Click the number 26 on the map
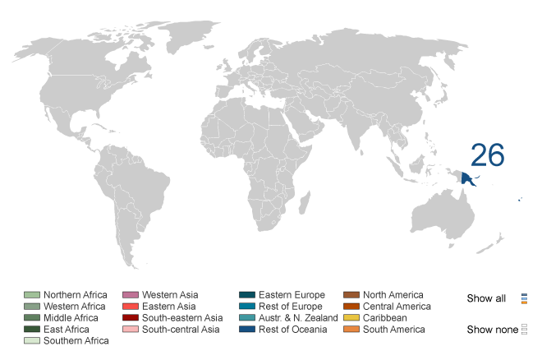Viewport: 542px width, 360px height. pyautogui.click(x=487, y=155)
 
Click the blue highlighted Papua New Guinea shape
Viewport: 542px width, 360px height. pyautogui.click(x=471, y=178)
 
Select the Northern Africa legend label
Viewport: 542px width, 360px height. pyautogui.click(x=76, y=295)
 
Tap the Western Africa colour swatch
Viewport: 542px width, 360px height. pyautogui.click(x=32, y=307)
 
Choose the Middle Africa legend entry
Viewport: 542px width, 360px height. pyautogui.click(x=71, y=318)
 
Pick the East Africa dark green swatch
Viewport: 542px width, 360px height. pyautogui.click(x=32, y=330)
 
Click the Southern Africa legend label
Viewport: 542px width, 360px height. pyautogui.click(x=76, y=341)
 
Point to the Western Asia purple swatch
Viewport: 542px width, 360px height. pyautogui.click(x=131, y=295)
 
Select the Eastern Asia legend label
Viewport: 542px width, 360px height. pyautogui.click(x=169, y=307)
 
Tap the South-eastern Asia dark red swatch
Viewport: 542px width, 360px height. pyautogui.click(x=131, y=318)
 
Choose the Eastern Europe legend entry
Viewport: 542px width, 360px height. pyautogui.click(x=292, y=295)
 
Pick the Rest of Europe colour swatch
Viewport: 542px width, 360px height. pyautogui.click(x=247, y=307)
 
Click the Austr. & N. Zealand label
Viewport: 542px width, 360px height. pyautogui.click(x=298, y=318)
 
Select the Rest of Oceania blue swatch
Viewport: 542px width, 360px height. pyautogui.click(x=247, y=330)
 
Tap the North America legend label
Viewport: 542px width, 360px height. pyautogui.click(x=393, y=295)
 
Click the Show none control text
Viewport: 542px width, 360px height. pyautogui.click(x=492, y=330)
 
